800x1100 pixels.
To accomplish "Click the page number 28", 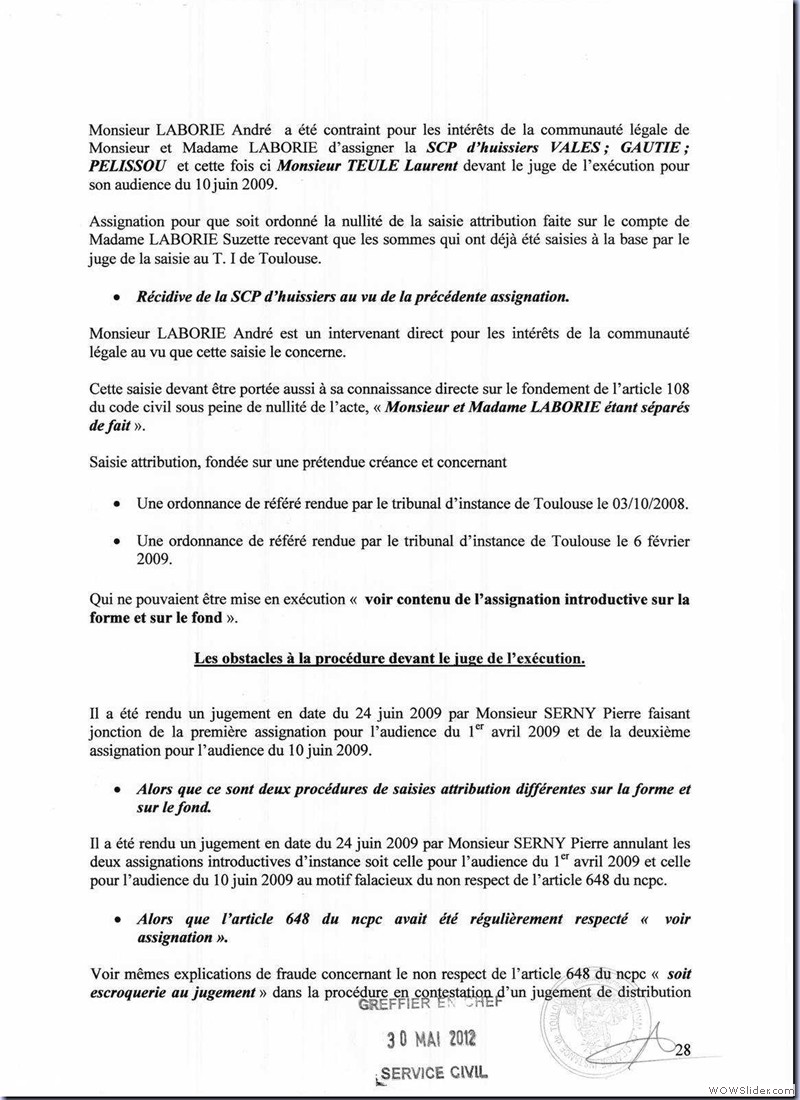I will click(x=686, y=1049).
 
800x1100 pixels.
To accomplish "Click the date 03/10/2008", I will click(x=654, y=504).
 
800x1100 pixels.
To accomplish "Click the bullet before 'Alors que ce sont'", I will click(x=117, y=788).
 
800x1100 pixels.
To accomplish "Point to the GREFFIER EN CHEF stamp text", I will click(x=431, y=1004).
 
